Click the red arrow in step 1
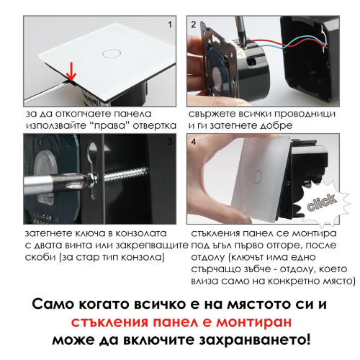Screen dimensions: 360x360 (x=71, y=71)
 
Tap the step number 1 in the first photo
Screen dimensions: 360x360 (x=170, y=24)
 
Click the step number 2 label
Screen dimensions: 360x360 (x=194, y=24)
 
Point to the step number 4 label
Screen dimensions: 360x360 (x=194, y=142)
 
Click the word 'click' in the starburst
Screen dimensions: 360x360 (x=322, y=203)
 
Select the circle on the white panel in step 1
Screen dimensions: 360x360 (x=112, y=53)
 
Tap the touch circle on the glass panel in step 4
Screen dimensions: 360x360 (x=258, y=177)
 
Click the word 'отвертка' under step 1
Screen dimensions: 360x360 (x=155, y=125)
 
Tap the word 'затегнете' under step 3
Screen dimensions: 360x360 (x=49, y=233)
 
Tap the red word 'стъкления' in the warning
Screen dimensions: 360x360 (x=109, y=323)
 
